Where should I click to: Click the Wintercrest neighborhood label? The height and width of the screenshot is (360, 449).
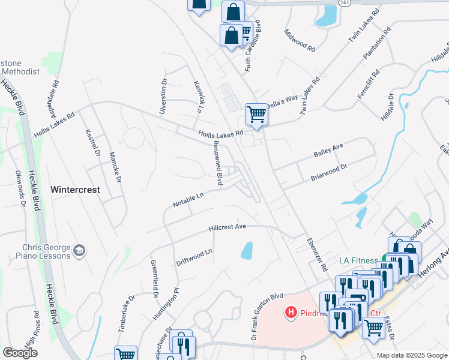point(74,189)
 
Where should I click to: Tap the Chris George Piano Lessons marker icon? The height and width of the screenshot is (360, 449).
point(79,250)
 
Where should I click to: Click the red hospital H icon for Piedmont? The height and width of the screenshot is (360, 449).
point(291,312)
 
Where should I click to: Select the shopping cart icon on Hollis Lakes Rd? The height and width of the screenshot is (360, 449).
point(256,113)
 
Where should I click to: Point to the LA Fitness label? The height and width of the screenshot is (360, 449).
point(358,260)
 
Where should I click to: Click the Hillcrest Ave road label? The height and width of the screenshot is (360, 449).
point(228,227)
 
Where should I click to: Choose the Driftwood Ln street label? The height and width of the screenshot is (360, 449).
point(194,258)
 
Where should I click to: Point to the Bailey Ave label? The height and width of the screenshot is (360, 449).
point(328,151)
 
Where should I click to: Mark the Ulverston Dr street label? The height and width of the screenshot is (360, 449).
point(163,96)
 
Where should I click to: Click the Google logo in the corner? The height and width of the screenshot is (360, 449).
point(20,353)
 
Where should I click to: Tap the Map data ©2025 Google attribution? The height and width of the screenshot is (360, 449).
point(412,355)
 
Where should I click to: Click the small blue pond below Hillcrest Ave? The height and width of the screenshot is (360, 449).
point(247,250)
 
